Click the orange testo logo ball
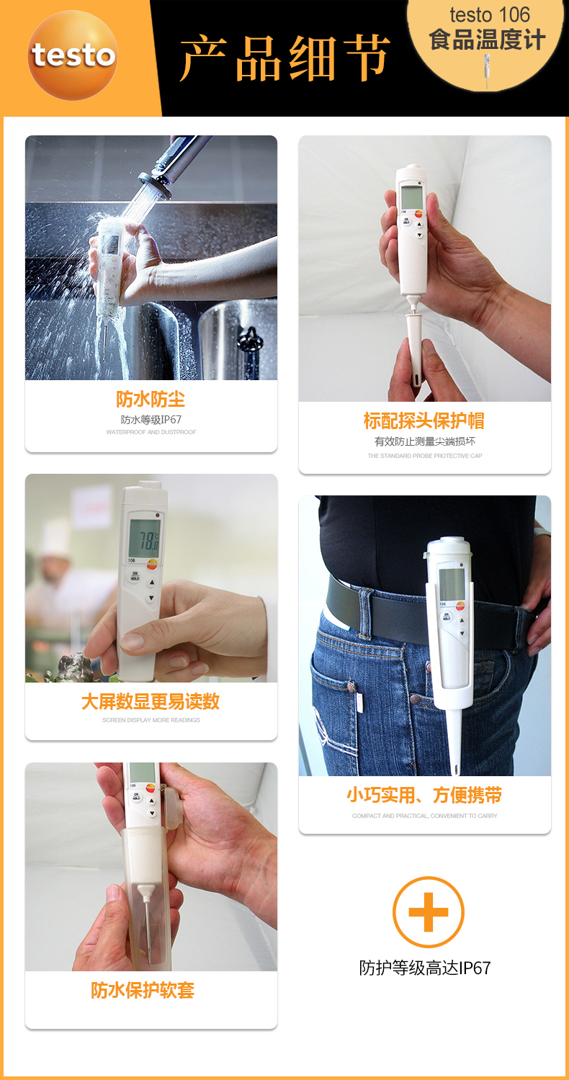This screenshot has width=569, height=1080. coord(72,55)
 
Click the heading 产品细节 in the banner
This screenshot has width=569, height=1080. coord(284,58)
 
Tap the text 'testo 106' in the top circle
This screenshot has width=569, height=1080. coord(489,14)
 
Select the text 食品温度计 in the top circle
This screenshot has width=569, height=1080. coord(487,40)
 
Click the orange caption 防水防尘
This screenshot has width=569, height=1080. coord(151,400)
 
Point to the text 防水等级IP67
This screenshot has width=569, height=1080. coord(151,419)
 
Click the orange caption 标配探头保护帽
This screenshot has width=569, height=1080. coord(424,420)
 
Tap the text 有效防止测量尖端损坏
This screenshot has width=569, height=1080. coord(424,441)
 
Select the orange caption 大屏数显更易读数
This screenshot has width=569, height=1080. coord(151,702)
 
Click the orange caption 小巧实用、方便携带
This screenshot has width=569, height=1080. coord(424,796)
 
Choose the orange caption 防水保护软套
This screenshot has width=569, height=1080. coord(143,991)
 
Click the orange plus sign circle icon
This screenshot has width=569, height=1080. coord(428,912)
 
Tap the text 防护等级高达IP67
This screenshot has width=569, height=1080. coord(424,968)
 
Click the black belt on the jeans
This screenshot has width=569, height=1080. coord(375,601)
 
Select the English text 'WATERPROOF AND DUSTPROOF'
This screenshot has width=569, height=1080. coord(151,432)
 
